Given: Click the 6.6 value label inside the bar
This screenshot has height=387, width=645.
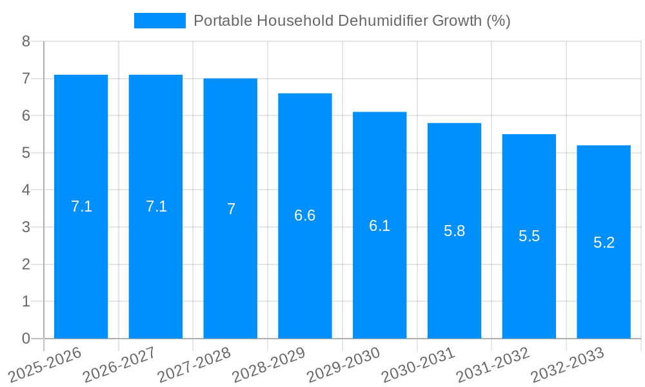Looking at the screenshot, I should [304, 215].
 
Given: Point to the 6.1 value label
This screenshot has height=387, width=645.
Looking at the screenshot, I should [379, 226].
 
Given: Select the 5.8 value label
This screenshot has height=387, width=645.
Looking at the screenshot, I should [454, 231].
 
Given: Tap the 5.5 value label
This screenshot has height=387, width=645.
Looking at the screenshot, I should [529, 236].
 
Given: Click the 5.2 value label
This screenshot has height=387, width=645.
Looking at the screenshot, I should [604, 243].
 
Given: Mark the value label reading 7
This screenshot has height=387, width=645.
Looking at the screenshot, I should [230, 209].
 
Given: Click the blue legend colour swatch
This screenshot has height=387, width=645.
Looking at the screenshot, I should [159, 21].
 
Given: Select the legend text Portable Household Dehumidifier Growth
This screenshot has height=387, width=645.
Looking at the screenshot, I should [352, 21].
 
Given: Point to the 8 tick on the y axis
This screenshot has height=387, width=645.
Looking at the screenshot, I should [26, 41].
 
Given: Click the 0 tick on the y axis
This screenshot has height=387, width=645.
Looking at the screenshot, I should [26, 339].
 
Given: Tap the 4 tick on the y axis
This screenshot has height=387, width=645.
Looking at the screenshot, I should [26, 190].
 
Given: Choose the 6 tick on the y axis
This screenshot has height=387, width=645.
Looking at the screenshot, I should [26, 115].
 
